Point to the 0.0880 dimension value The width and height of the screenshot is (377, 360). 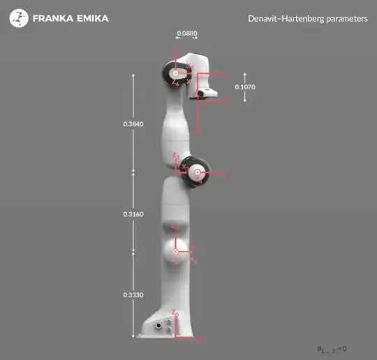186,33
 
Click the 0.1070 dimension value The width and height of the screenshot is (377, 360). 244,87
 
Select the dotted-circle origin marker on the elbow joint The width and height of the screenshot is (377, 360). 198,172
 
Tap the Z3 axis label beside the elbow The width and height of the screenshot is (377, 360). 177,156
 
